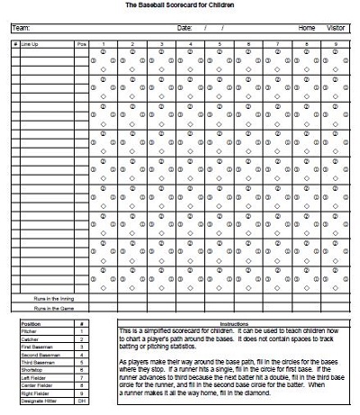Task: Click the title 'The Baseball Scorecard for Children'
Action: click(181, 5)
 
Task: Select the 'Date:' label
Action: click(185, 28)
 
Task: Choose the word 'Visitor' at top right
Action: click(335, 28)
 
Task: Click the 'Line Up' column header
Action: click(31, 43)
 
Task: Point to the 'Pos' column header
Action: click(82, 43)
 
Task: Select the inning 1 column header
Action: click(103, 43)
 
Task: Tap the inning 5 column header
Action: click(219, 43)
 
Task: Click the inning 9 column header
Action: click(335, 43)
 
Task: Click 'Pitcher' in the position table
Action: click(28, 330)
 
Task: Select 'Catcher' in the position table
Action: click(29, 338)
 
